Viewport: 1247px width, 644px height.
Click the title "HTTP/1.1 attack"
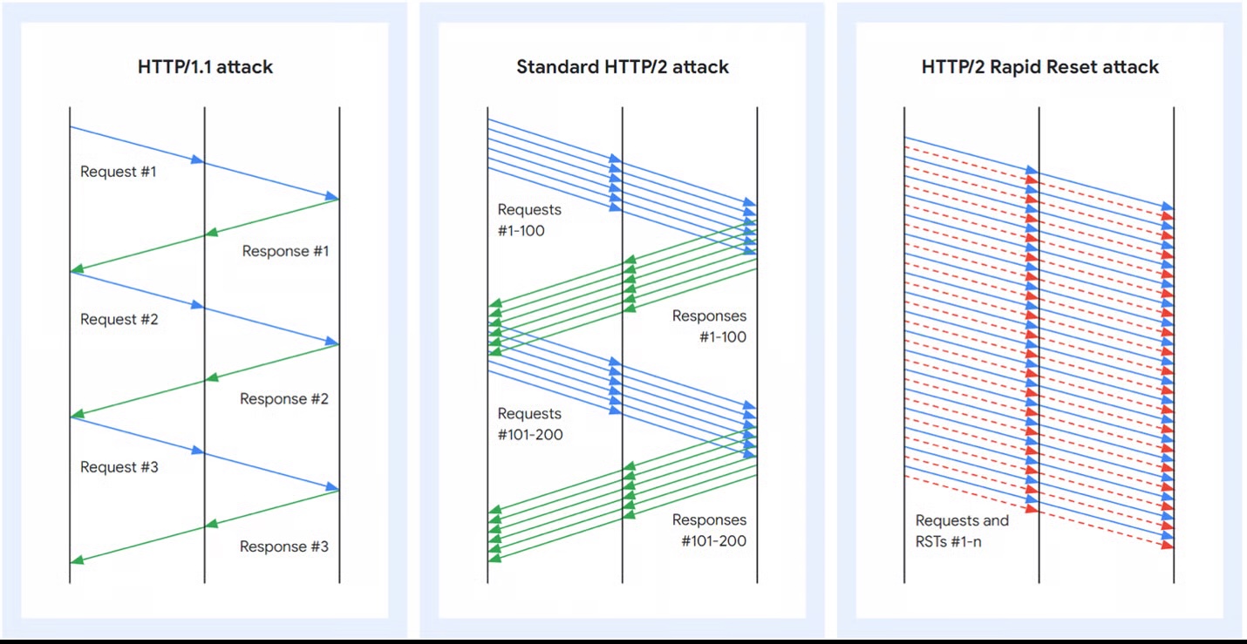(205, 67)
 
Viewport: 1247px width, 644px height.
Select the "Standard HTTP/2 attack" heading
(622, 67)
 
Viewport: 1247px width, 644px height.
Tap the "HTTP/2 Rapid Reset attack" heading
(1039, 67)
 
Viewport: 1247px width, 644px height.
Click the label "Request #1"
(119, 172)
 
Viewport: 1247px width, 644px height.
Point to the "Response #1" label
(285, 251)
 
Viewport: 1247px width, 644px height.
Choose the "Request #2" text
(119, 320)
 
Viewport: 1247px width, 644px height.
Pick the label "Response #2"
(284, 399)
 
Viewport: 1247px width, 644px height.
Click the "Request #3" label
(119, 467)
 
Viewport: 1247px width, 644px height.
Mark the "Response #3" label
(284, 546)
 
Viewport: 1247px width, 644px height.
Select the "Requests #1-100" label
(529, 220)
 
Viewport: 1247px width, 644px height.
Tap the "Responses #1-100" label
(709, 327)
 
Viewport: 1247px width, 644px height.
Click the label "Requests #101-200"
(529, 424)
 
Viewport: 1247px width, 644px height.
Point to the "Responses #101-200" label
(709, 531)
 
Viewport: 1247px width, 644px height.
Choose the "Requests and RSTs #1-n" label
(962, 531)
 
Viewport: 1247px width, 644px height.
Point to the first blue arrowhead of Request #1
(198, 160)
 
